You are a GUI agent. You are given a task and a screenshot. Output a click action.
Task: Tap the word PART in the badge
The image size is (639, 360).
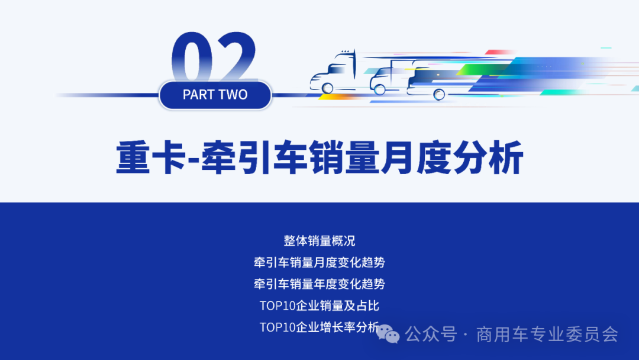pyautogui.click(x=198, y=95)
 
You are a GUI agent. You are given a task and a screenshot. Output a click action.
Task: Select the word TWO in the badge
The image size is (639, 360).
pyautogui.click(x=233, y=95)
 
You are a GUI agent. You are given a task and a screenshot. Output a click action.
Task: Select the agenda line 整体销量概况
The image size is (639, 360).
pyautogui.click(x=319, y=241)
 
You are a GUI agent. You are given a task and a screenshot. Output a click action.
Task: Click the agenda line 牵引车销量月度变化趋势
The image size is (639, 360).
pyautogui.click(x=319, y=262)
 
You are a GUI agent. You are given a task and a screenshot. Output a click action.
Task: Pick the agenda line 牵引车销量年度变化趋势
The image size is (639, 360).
pyautogui.click(x=319, y=284)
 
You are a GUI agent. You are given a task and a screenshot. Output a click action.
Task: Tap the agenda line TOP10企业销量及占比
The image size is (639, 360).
pyautogui.click(x=319, y=306)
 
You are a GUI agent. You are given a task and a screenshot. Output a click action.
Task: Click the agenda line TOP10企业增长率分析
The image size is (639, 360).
pyautogui.click(x=319, y=327)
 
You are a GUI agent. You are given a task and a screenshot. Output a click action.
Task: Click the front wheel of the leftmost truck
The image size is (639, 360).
pyautogui.click(x=327, y=88)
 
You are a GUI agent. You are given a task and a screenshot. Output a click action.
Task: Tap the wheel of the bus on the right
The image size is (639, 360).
pyautogui.click(x=439, y=94)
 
